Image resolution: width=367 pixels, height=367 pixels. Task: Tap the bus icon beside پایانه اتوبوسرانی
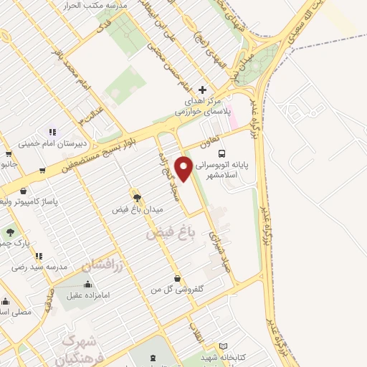(223, 153)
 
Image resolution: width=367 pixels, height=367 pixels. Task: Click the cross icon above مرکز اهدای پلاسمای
(203, 90)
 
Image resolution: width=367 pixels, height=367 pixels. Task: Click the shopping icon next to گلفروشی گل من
(178, 278)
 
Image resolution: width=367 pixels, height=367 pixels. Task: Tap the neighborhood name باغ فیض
(171, 232)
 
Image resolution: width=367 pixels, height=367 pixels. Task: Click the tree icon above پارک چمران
(10, 232)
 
